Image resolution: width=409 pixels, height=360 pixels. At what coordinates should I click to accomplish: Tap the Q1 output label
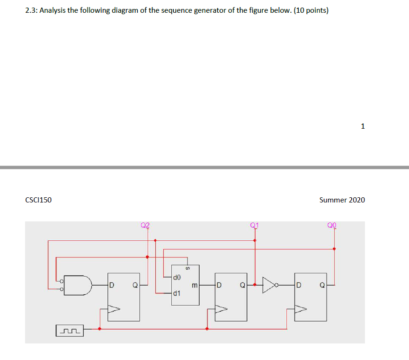click(x=255, y=225)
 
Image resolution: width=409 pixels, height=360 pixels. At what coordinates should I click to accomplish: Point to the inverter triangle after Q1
click(x=268, y=285)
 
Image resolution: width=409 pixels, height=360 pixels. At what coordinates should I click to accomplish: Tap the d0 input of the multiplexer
click(x=177, y=277)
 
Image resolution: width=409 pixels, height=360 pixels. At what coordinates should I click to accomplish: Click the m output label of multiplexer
click(x=194, y=285)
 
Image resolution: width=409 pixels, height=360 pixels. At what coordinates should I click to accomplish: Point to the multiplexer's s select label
click(x=187, y=268)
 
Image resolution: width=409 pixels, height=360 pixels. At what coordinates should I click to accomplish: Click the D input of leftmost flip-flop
click(x=112, y=285)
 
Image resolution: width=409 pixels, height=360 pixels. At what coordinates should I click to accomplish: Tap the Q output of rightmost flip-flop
click(x=322, y=285)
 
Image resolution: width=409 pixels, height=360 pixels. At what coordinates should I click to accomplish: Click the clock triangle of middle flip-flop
click(x=221, y=309)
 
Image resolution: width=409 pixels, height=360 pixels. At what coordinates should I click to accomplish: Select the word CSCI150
click(x=38, y=200)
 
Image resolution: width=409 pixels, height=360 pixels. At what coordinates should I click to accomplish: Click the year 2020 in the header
click(x=357, y=200)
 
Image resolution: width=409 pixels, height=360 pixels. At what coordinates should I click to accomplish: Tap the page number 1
click(x=363, y=126)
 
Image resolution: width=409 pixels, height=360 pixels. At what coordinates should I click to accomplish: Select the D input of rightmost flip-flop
click(x=299, y=285)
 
